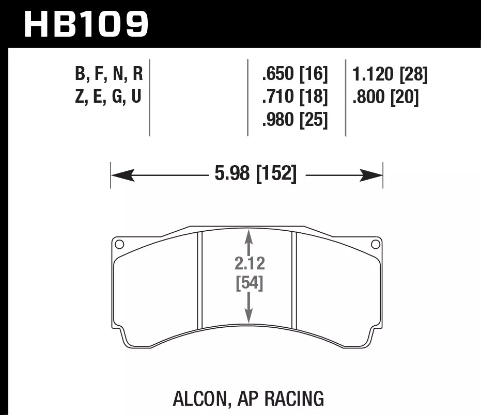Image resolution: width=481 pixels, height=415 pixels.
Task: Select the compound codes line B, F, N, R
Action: (108, 75)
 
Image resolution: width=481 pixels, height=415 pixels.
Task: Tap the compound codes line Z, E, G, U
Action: (108, 97)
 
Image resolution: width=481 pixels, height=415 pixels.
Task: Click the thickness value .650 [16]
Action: (295, 75)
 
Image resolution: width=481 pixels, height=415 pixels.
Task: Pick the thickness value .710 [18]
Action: (295, 97)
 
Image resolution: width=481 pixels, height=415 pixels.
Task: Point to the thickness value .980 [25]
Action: (295, 120)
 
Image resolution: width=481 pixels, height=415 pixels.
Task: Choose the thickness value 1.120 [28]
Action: (390, 75)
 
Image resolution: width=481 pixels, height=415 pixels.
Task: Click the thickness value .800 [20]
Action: (385, 97)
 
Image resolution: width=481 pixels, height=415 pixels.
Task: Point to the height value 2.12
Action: (249, 264)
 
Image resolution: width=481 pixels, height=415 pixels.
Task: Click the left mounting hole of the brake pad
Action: (119, 244)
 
